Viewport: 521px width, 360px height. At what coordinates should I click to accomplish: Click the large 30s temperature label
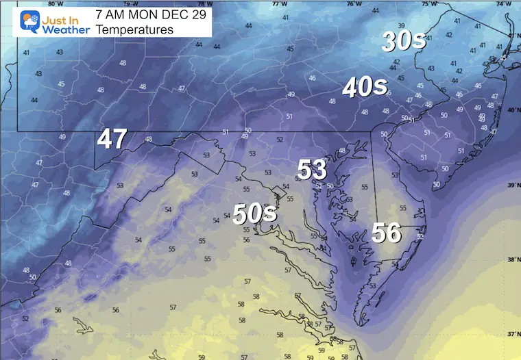pos(404,42)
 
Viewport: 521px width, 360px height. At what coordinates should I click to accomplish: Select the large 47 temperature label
pos(112,139)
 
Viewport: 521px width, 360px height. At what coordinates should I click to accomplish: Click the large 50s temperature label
pos(254,214)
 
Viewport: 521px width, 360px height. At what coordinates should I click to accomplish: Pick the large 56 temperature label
pos(386,233)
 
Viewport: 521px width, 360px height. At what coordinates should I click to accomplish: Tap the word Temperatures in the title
pos(134,29)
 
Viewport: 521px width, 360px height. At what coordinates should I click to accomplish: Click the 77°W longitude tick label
pos(278,3)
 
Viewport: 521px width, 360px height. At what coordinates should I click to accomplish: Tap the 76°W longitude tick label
pos(353,3)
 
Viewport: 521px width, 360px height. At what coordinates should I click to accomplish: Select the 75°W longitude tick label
pos(428,3)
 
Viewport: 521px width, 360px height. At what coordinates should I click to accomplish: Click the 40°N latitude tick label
pos(513,110)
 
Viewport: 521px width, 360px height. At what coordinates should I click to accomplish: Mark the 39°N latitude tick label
pos(513,185)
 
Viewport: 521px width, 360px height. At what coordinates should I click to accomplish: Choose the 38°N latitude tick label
pos(513,260)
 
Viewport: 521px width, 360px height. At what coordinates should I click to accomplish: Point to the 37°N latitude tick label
pos(513,335)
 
